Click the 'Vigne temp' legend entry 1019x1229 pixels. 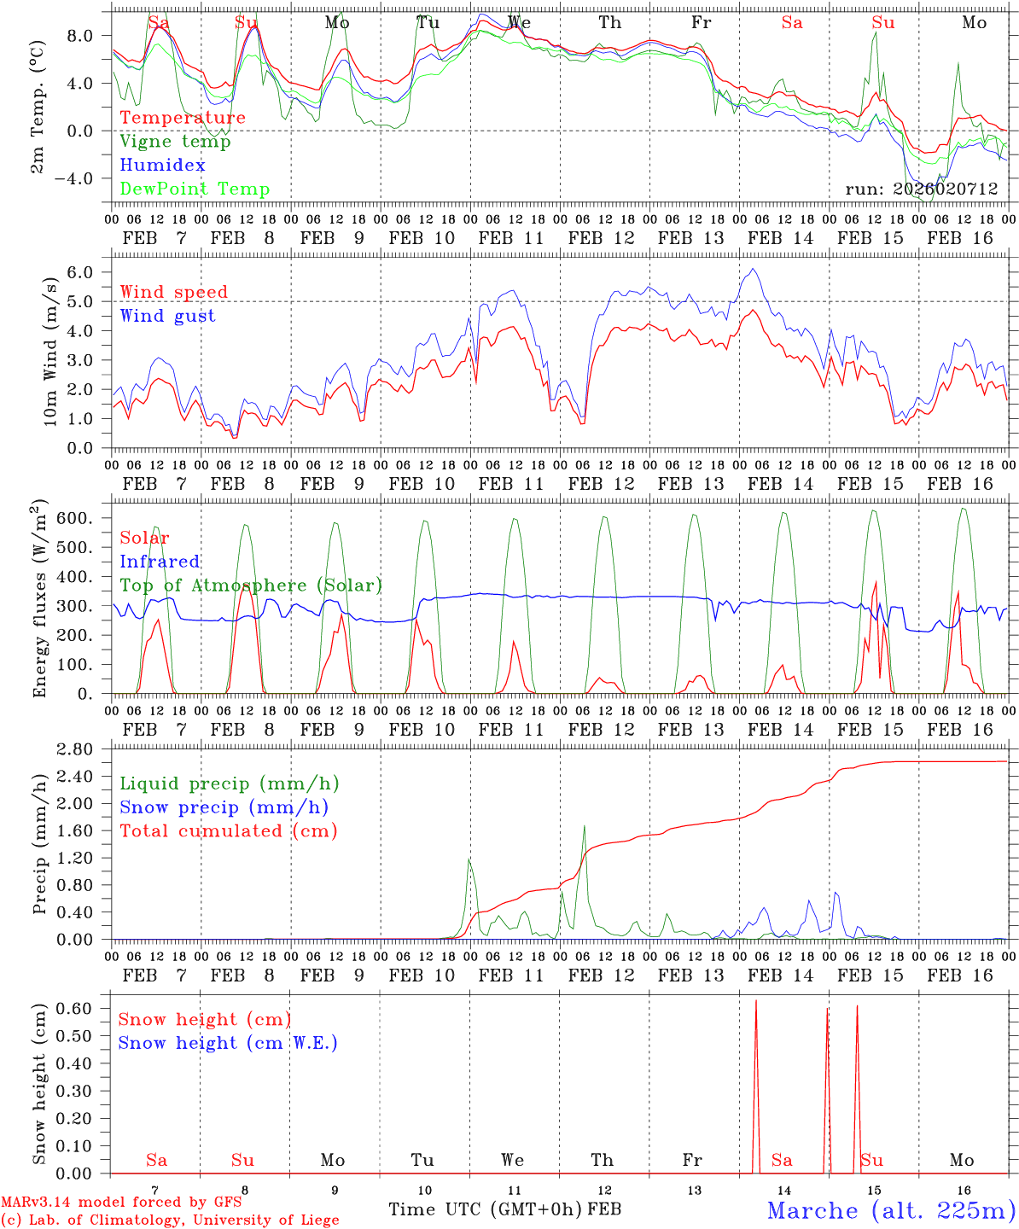(x=175, y=142)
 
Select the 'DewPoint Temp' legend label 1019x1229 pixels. (x=195, y=189)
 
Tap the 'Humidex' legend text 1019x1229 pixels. (x=162, y=166)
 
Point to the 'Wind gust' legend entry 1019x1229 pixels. (x=167, y=316)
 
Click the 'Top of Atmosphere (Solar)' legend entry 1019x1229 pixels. (x=251, y=585)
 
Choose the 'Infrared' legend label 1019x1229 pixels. (x=160, y=562)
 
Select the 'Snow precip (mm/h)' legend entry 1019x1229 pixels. (x=224, y=807)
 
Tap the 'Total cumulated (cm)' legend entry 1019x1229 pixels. (x=229, y=831)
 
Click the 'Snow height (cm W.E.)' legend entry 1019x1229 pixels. (x=228, y=1043)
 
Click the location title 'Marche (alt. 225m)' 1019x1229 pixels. (x=891, y=1210)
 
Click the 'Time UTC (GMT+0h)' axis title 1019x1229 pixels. (x=486, y=1209)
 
